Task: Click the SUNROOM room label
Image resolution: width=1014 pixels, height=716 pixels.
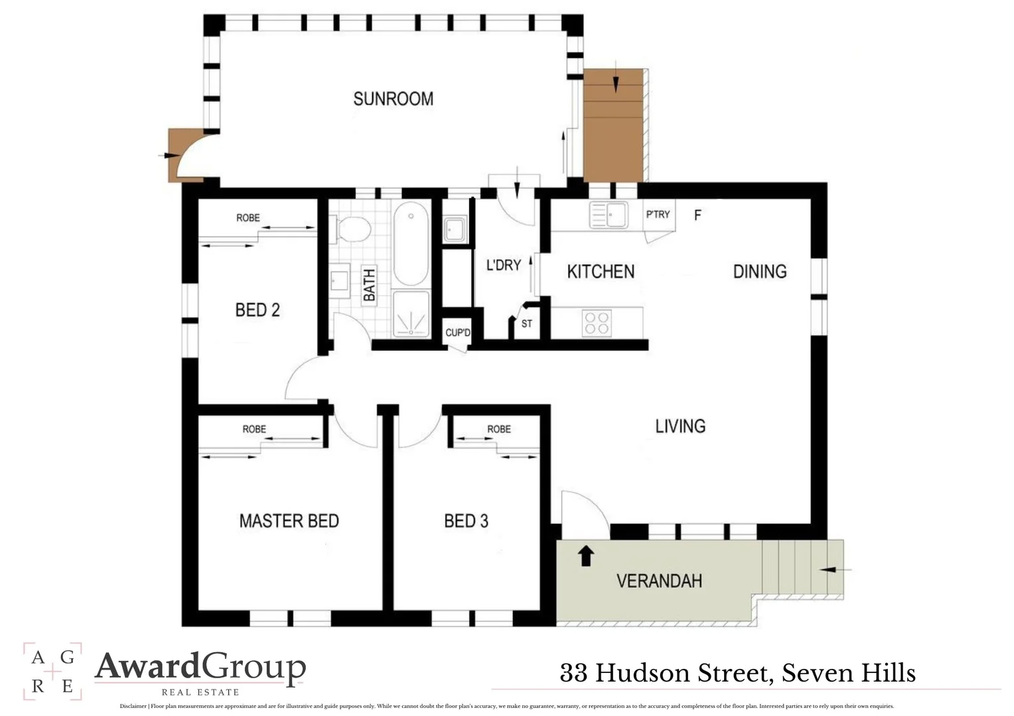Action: pos(393,99)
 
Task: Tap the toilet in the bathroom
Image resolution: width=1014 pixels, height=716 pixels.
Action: pos(353,229)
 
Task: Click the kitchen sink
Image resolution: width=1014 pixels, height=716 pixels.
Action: pos(609,215)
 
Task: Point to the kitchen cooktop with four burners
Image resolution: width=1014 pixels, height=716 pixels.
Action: pos(596,323)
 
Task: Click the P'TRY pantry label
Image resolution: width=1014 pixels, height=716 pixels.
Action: pos(658,214)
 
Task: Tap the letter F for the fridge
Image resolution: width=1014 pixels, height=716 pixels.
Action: pos(697,215)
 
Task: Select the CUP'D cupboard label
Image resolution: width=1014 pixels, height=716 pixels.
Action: pos(457,332)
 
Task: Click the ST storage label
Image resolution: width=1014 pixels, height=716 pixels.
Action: pos(527,324)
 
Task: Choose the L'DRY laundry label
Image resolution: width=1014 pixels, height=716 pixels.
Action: pos(504,265)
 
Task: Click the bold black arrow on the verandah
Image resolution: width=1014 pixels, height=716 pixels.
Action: pos(585,556)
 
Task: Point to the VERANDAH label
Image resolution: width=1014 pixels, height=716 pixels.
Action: pos(659,581)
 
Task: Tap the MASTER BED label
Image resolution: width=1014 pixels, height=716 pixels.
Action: pos(289,521)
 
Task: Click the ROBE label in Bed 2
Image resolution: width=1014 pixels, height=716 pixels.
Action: pos(248,217)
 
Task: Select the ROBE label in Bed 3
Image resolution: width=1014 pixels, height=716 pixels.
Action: pos(499,429)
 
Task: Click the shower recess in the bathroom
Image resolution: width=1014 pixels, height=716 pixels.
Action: pos(411,314)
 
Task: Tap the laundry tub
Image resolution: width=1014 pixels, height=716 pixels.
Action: pos(456,229)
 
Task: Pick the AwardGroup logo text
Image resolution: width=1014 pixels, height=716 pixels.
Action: pos(200,667)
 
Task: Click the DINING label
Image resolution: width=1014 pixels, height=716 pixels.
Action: pos(760,271)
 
